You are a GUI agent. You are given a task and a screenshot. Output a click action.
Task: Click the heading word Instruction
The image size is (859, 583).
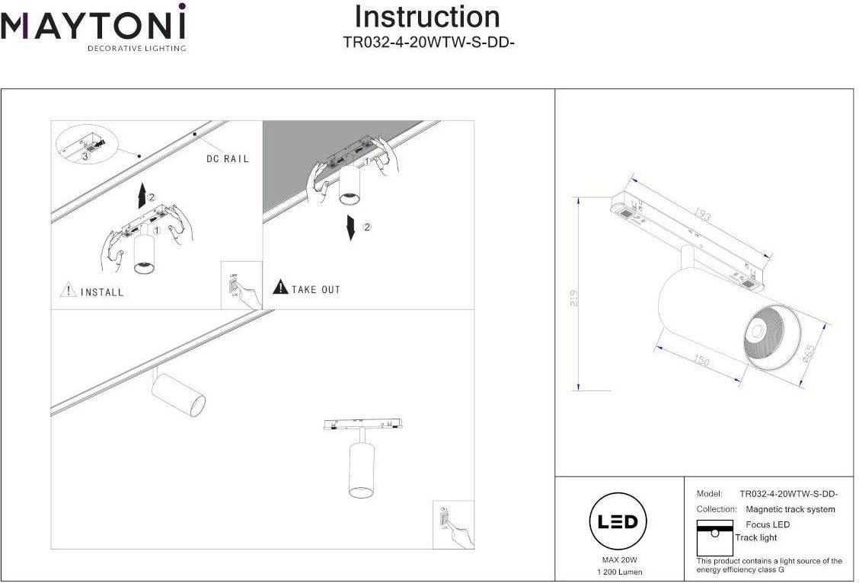pyautogui.click(x=427, y=17)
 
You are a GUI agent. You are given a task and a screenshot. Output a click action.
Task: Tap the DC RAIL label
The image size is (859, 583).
pyautogui.click(x=228, y=159)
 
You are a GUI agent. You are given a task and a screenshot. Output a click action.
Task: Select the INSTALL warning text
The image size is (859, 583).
pyautogui.click(x=102, y=292)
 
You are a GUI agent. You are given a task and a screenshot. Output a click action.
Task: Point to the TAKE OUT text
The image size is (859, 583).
pyautogui.click(x=316, y=289)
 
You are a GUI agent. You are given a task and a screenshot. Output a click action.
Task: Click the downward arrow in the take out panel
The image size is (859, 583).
pyautogui.click(x=351, y=228)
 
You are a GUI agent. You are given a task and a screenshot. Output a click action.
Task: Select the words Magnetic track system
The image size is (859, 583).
pyautogui.click(x=790, y=509)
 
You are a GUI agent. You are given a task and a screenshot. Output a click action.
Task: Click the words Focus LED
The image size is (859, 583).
pyautogui.click(x=768, y=524)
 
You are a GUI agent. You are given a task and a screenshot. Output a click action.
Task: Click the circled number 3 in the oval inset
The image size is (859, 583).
pyautogui.click(x=85, y=155)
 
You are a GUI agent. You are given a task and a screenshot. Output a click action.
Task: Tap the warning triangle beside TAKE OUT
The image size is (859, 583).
pyautogui.click(x=280, y=288)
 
